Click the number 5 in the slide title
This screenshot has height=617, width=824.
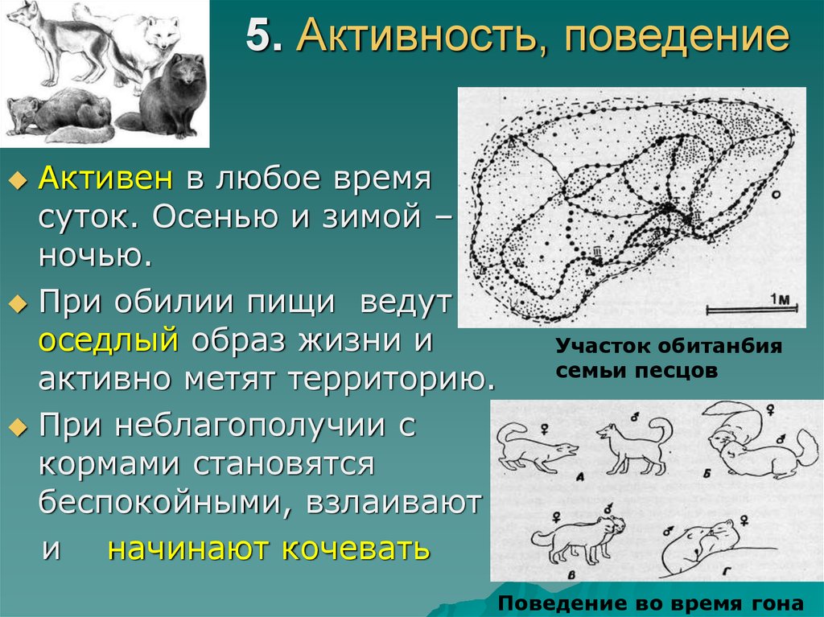click(257, 38)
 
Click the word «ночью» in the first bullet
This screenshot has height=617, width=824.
click(94, 258)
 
